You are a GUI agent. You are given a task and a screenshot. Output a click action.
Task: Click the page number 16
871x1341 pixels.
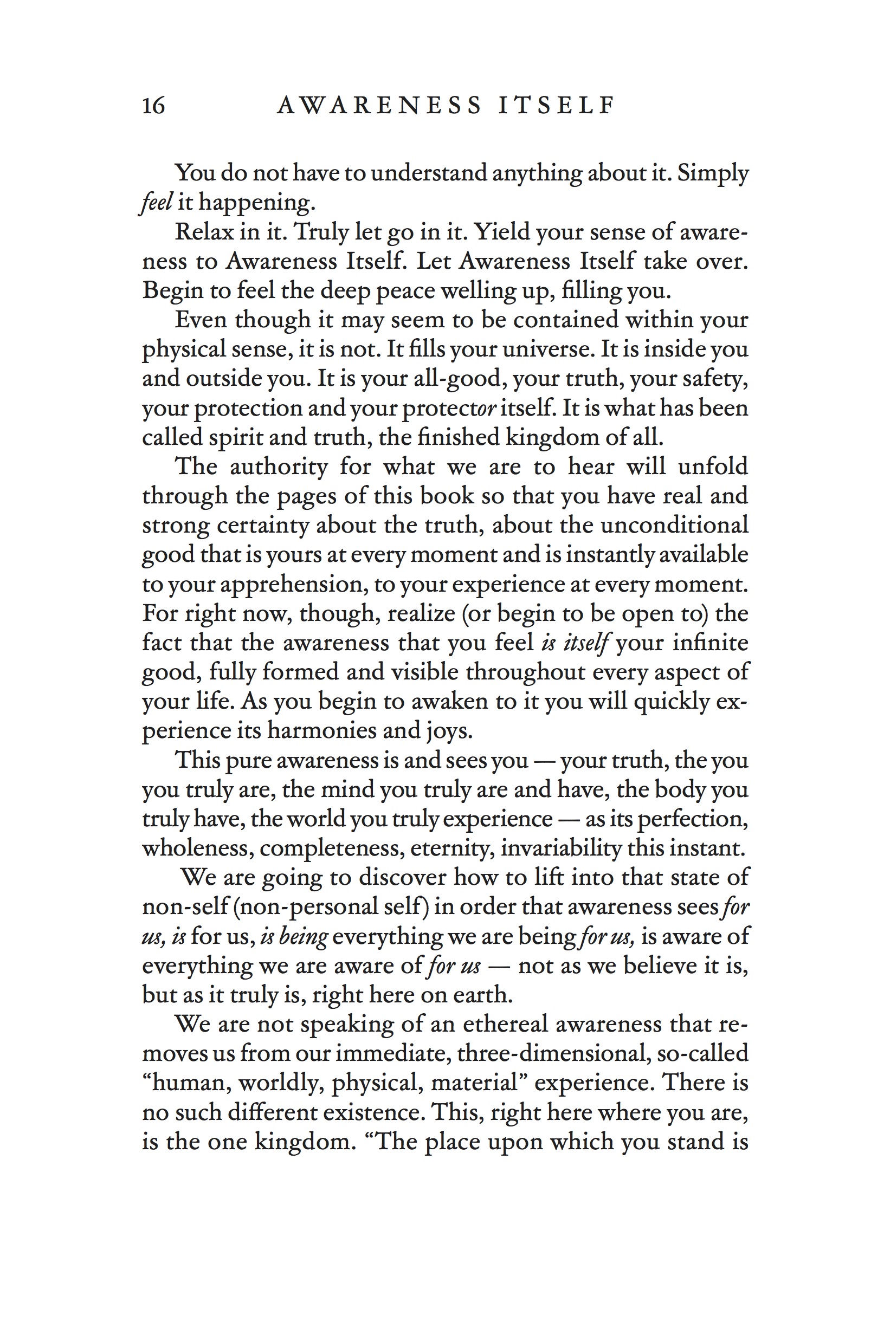pos(153,105)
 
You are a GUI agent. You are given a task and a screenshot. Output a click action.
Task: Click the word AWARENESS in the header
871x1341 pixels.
pos(379,105)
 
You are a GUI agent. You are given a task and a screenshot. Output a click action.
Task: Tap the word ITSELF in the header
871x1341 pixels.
pos(557,105)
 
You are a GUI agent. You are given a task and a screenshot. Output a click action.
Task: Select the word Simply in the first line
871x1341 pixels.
pos(713,173)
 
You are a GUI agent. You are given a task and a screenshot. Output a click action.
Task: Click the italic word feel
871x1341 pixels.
pos(156,202)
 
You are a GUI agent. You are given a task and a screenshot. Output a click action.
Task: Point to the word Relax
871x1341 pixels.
pos(202,231)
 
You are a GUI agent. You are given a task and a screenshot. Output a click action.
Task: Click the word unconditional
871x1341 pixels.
pos(674,526)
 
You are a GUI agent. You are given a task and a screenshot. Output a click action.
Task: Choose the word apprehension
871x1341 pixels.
pos(293,584)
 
